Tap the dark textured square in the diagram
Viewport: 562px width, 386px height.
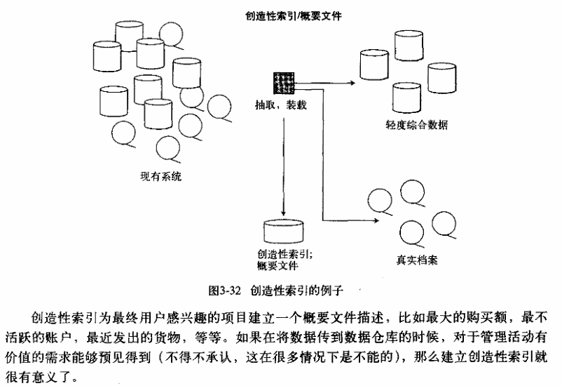tap(284, 83)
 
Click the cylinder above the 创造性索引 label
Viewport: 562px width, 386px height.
tap(283, 232)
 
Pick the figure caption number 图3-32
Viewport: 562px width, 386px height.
tap(225, 288)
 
